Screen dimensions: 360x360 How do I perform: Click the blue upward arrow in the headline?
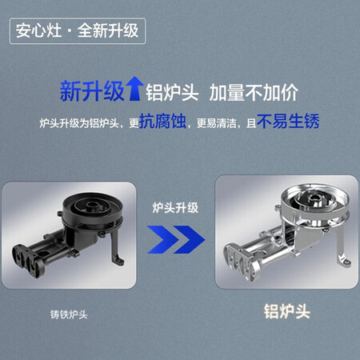[x=134, y=89]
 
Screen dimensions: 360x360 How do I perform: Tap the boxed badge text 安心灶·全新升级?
[x=77, y=30]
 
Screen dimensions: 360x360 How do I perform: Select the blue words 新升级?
[x=92, y=91]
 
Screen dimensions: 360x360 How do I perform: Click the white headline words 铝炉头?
[x=172, y=93]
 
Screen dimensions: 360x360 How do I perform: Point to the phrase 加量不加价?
[x=254, y=93]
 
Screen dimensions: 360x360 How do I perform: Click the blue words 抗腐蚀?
[x=162, y=122]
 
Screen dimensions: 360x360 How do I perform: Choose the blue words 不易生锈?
[x=288, y=122]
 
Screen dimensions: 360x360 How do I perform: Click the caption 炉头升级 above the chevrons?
[x=175, y=208]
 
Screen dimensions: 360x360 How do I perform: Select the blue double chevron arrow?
[x=176, y=239]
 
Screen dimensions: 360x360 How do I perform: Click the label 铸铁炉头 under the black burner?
[x=69, y=314]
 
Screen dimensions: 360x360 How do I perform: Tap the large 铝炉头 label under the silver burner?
[x=287, y=311]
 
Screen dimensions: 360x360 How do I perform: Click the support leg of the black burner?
[x=116, y=247]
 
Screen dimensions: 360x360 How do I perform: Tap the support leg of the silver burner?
[x=343, y=250]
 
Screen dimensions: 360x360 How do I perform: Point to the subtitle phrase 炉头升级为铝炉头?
[x=79, y=123]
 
